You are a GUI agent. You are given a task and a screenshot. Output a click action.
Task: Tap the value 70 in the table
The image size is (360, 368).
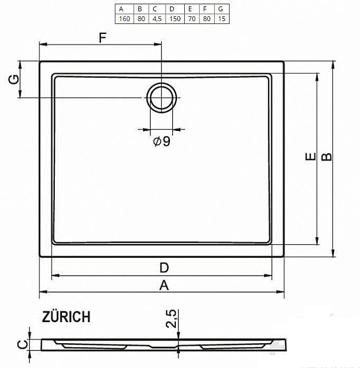point(190,18)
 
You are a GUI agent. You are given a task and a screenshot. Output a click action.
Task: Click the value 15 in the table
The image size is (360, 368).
point(221,18)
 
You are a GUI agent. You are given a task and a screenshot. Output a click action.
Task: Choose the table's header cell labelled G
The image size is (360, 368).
point(221,9)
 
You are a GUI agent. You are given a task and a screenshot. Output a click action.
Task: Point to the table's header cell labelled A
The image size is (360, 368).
point(122,9)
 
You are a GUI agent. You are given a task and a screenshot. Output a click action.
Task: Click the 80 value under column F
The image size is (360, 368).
point(205,18)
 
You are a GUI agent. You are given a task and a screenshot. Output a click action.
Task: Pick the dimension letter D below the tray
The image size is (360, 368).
point(164,268)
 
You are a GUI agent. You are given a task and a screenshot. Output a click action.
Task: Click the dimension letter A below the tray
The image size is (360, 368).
point(164,285)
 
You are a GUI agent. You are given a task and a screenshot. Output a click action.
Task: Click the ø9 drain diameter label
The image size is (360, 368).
point(162,141)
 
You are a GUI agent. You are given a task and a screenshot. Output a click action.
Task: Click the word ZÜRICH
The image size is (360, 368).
point(66,317)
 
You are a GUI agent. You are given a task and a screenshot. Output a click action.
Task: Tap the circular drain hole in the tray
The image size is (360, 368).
point(162,98)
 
